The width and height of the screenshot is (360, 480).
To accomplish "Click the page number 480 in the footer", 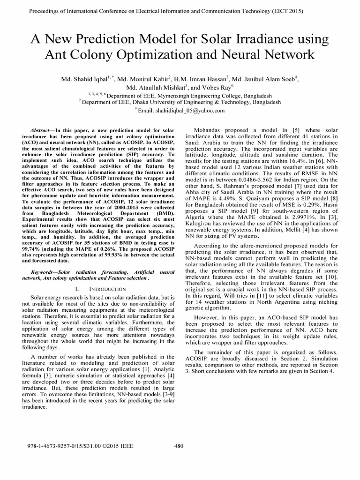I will (x=179, y=446).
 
